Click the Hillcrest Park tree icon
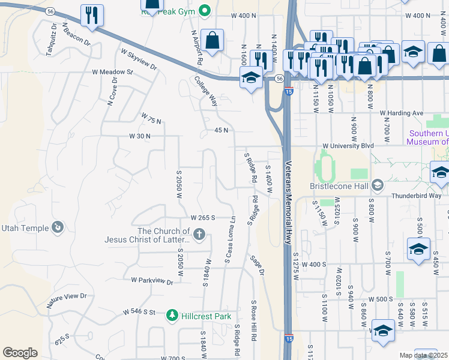click(x=172, y=315)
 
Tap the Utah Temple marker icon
click(x=58, y=227)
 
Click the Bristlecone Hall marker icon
click(x=378, y=185)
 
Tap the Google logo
click(x=20, y=353)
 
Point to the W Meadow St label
click(x=112, y=72)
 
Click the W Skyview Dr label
click(x=139, y=59)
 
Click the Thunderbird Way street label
click(x=416, y=196)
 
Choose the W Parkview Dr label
click(x=152, y=280)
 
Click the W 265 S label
click(x=203, y=218)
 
